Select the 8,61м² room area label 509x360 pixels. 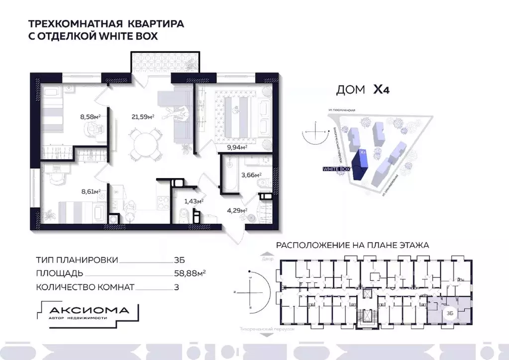click(x=91, y=190)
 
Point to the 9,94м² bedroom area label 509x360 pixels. click(x=237, y=147)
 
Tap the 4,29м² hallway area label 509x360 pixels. click(x=237, y=210)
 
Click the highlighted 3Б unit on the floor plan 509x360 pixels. click(x=449, y=311)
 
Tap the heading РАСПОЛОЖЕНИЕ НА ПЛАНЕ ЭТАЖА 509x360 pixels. click(x=352, y=246)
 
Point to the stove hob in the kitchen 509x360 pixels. click(x=163, y=203)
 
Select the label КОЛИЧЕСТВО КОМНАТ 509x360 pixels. click(x=85, y=287)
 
